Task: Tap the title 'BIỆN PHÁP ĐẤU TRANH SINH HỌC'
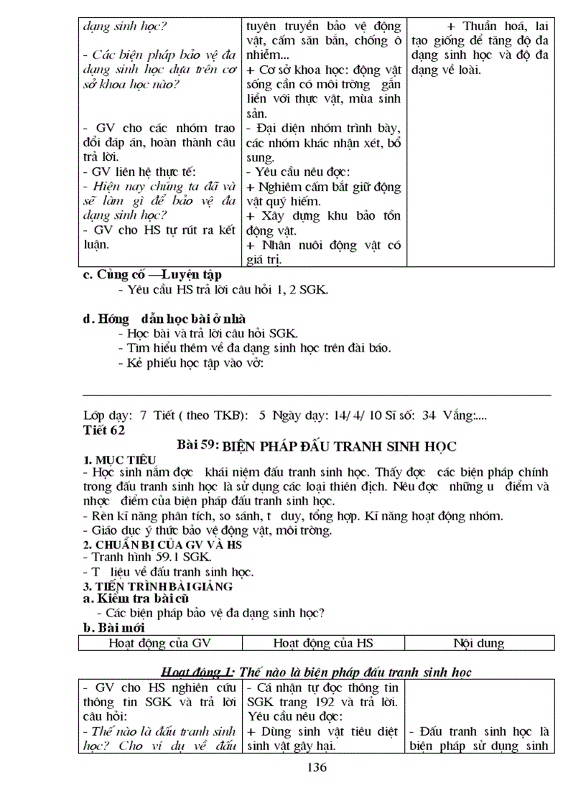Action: [339, 446]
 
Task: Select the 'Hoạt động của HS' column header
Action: [325, 643]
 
